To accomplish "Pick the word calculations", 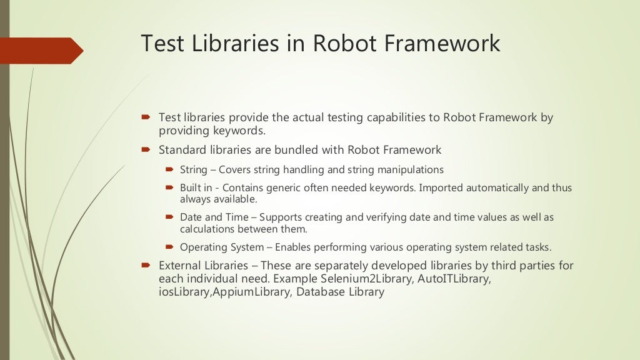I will [x=206, y=229].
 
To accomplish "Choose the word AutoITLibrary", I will [x=456, y=279].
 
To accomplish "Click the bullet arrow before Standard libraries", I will [x=146, y=149].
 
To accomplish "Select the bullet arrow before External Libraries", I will [x=146, y=265].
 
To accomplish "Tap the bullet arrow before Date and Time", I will [x=169, y=217].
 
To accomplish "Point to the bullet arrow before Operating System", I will [x=169, y=246].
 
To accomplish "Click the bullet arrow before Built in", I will [x=169, y=187].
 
